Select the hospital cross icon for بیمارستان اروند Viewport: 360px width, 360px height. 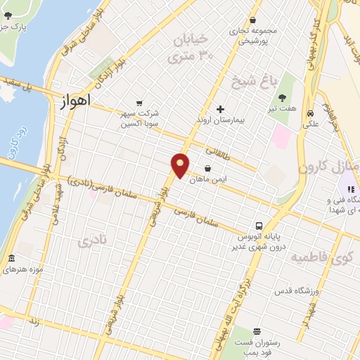[221, 109]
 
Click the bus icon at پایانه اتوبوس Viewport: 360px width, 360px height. [259, 226]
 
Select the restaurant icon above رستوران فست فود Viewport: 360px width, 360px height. [257, 331]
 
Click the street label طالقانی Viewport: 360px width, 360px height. [219, 151]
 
